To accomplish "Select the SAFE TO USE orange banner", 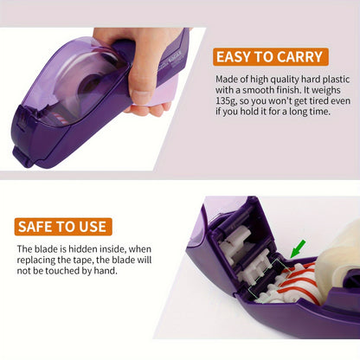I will tap(62, 228).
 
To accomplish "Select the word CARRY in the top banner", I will tap(299, 57).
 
